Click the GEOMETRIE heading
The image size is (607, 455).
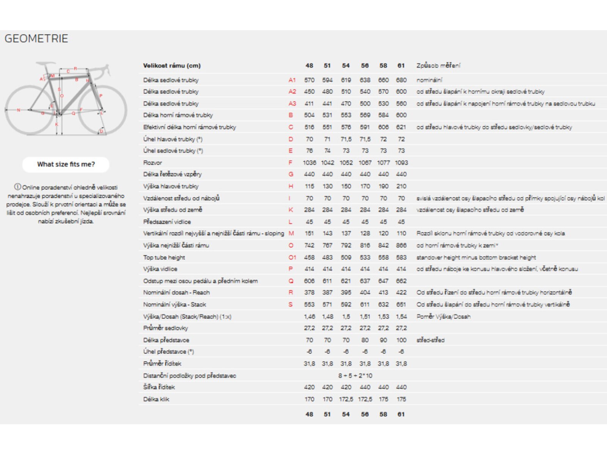click(36, 38)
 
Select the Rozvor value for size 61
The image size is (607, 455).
click(401, 163)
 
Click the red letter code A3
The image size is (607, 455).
click(292, 104)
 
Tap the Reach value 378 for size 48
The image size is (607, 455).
click(309, 292)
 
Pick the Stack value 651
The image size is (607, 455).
click(401, 304)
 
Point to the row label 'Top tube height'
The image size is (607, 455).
click(164, 257)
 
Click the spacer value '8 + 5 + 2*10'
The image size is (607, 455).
click(355, 376)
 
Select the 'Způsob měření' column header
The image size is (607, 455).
click(438, 66)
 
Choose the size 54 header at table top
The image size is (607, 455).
click(346, 66)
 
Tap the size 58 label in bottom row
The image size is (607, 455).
click(383, 414)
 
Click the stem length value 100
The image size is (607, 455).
click(401, 340)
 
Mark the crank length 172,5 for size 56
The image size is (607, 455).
click(365, 399)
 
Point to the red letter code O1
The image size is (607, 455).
click(292, 257)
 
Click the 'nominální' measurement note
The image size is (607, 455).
click(429, 80)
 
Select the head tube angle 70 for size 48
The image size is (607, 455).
click(309, 139)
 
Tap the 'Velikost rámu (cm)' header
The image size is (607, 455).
click(172, 66)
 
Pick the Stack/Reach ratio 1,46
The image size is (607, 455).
click(309, 317)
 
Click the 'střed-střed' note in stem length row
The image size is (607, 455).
click(430, 340)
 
